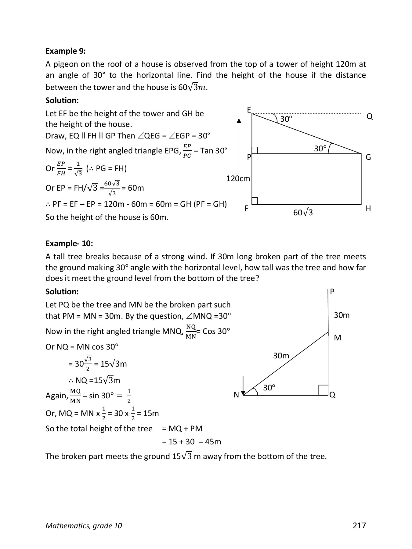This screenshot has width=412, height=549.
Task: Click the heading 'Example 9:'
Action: pyautogui.click(x=65, y=51)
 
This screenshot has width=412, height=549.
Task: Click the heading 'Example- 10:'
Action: pyautogui.click(x=69, y=243)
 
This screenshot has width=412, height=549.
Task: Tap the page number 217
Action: pyautogui.click(x=359, y=525)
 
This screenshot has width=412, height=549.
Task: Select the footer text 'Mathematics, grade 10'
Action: pyautogui.click(x=84, y=526)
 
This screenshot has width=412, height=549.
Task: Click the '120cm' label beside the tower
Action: pyautogui.click(x=238, y=178)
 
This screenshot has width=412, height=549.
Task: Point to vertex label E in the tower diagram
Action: pyautogui.click(x=249, y=110)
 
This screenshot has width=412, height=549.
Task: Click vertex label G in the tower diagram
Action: pyautogui.click(x=368, y=157)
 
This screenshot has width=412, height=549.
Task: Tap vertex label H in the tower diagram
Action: pyautogui.click(x=368, y=209)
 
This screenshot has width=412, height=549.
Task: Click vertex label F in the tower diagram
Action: pyautogui.click(x=246, y=209)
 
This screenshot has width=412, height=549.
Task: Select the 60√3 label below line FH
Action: pyautogui.click(x=303, y=213)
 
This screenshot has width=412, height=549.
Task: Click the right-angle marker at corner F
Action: pyautogui.click(x=255, y=201)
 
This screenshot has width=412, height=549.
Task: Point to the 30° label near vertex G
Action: pyautogui.click(x=320, y=149)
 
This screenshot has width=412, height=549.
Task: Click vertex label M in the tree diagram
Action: pyautogui.click(x=338, y=338)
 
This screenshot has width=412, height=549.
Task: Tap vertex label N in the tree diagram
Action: pyautogui.click(x=236, y=395)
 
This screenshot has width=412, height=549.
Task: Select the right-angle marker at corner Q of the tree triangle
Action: pyautogui.click(x=323, y=390)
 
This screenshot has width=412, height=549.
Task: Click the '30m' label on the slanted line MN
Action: pyautogui.click(x=281, y=356)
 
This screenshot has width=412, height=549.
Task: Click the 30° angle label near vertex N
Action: pyautogui.click(x=269, y=388)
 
